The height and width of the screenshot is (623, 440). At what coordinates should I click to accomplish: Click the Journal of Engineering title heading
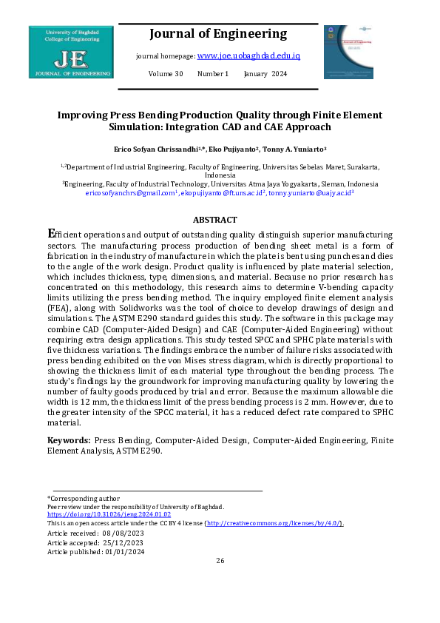[x=217, y=34]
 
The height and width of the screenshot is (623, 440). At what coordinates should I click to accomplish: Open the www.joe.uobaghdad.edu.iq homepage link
[x=248, y=55]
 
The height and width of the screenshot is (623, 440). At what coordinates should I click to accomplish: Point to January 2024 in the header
[x=265, y=74]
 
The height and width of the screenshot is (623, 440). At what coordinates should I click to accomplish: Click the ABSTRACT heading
[x=214, y=220]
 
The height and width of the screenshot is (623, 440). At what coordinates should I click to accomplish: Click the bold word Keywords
[x=68, y=440]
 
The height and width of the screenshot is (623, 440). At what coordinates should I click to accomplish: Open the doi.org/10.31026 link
[x=109, y=514]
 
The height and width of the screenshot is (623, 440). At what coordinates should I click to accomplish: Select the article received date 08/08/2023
[x=122, y=533]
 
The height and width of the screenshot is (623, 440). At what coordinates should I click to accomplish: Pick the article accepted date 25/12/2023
[x=123, y=542]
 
